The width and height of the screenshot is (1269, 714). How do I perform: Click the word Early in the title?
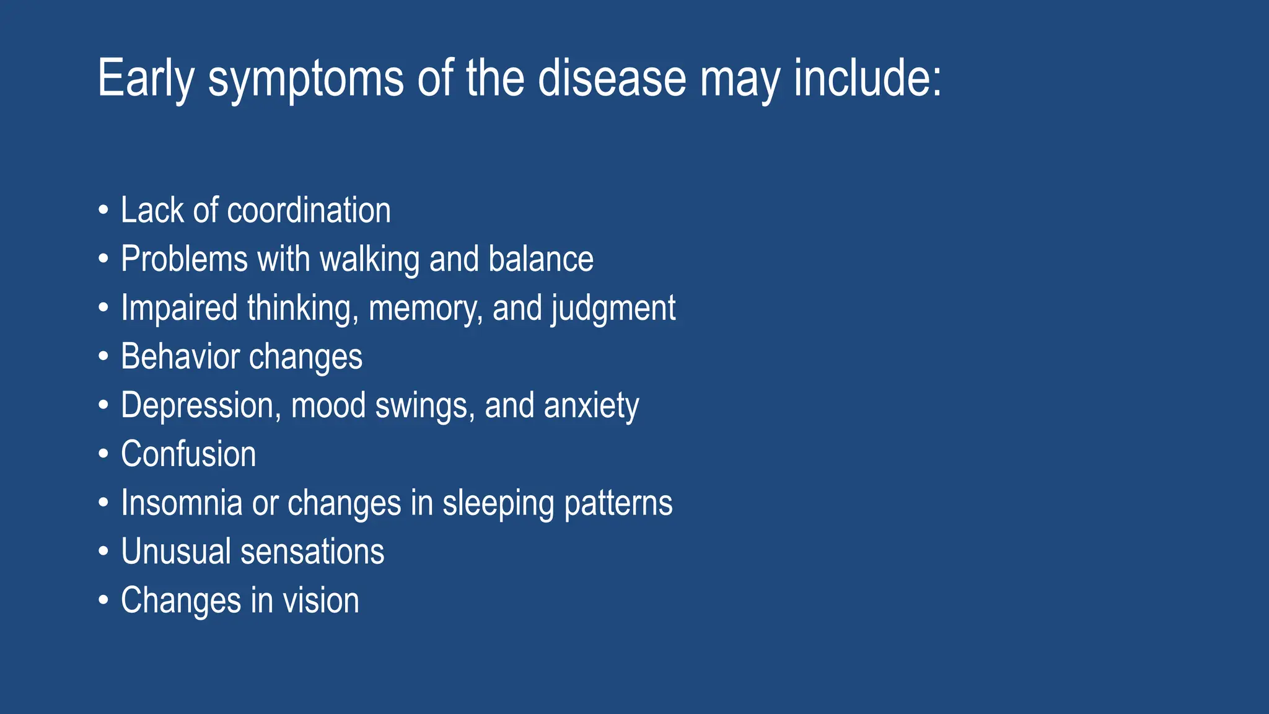tap(146, 79)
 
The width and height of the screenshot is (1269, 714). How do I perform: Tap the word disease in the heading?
tap(612, 79)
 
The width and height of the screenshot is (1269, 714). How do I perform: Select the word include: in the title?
tap(867, 79)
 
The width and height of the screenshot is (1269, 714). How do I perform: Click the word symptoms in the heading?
tap(305, 79)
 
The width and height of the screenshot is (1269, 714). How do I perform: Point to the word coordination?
tap(309, 211)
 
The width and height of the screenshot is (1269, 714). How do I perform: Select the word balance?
tap(540, 259)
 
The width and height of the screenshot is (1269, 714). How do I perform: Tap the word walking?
tap(370, 259)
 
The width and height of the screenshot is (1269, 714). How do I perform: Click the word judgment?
tap(613, 308)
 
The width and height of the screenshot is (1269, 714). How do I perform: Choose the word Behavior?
tap(180, 357)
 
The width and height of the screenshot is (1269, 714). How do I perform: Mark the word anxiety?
tap(591, 405)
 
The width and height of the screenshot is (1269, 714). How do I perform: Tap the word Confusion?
tap(188, 454)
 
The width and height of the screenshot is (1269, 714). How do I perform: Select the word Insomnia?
tap(182, 503)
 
